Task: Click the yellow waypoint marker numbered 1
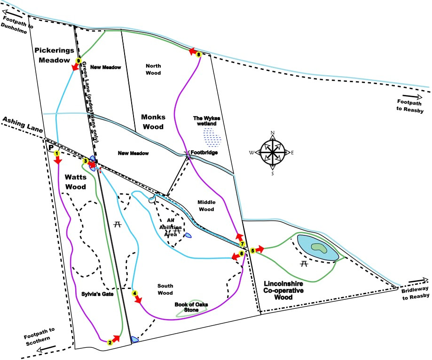[56, 153]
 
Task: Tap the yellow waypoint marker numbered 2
[110, 343]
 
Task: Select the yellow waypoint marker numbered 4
[135, 293]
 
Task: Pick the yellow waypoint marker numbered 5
[252, 250]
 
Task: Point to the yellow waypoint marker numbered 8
[199, 55]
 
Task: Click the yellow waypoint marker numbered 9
[79, 60]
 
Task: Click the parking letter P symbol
[51, 147]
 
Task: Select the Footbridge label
[202, 153]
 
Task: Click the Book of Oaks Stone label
[190, 307]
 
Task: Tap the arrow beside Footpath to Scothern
[49, 348]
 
